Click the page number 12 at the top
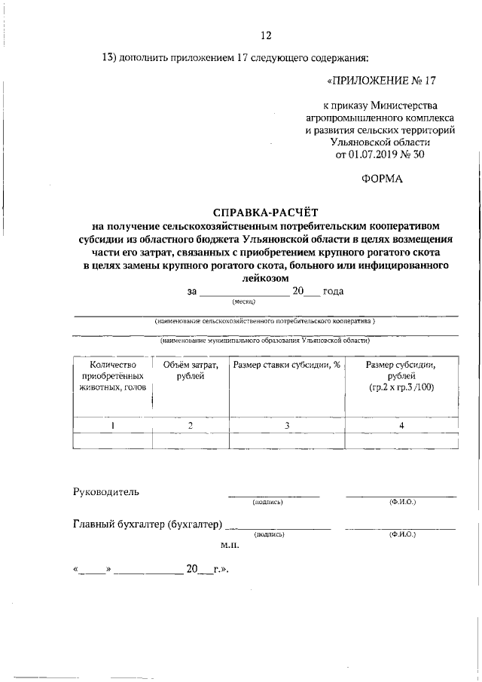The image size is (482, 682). [x=266, y=35]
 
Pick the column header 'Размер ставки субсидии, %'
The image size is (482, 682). [x=287, y=365]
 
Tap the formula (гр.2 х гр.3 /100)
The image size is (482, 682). [x=401, y=387]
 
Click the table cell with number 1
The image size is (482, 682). [x=112, y=425]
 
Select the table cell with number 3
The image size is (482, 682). [x=287, y=425]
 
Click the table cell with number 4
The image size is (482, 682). [x=401, y=425]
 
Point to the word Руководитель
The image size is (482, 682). [x=106, y=492]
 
